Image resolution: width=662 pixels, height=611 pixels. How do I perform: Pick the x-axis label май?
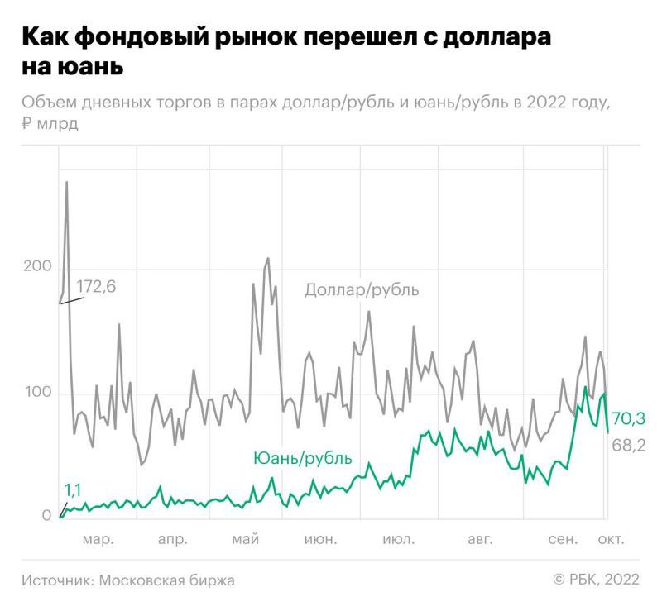[246, 540]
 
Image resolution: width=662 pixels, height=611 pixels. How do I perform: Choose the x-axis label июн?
[320, 540]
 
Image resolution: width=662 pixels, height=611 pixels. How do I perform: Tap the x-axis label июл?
[398, 540]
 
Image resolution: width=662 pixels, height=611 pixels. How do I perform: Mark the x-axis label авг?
[479, 540]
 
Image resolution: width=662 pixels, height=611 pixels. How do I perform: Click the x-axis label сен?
[562, 540]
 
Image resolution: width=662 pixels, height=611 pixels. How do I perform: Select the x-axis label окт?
[612, 540]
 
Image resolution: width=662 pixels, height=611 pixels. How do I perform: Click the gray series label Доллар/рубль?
[362, 290]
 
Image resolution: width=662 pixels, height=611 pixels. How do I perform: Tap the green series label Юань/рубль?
[302, 458]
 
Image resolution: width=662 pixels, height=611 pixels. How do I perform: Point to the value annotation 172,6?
[96, 287]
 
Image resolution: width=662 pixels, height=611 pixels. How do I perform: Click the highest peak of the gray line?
[66, 183]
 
